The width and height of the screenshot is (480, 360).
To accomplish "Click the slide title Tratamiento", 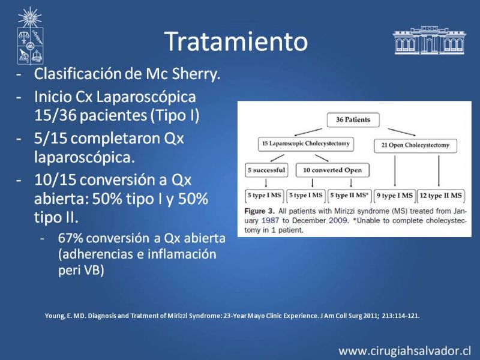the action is click(x=236, y=41).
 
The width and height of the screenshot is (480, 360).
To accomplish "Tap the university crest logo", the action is click(x=29, y=35).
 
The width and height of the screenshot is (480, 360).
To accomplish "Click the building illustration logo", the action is click(x=429, y=40).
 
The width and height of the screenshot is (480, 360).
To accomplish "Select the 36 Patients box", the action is click(x=353, y=119).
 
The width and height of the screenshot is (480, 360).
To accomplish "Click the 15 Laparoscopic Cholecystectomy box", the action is click(x=306, y=144).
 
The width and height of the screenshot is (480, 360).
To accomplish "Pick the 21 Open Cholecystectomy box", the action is click(x=415, y=145).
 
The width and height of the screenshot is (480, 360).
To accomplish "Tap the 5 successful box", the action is click(x=266, y=170).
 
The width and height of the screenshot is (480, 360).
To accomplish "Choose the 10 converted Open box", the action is click(x=332, y=170).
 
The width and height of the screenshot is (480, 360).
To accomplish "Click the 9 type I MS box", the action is click(x=394, y=196).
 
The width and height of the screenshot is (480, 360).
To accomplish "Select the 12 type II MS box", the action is click(x=440, y=196).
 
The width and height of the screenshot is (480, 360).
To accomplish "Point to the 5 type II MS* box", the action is click(x=349, y=196).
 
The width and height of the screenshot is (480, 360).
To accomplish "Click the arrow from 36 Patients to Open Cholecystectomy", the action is click(x=401, y=132).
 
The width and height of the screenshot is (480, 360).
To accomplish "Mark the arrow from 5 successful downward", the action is click(x=266, y=183).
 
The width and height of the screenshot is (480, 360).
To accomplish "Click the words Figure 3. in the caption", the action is click(x=260, y=212).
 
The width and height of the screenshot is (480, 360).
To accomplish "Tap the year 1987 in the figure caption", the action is click(x=271, y=221).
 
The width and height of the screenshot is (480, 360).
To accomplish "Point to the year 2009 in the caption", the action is click(x=338, y=221).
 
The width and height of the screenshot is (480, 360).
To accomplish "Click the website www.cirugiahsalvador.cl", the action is click(x=404, y=351).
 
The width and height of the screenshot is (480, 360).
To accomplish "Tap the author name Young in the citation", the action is click(x=55, y=316).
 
